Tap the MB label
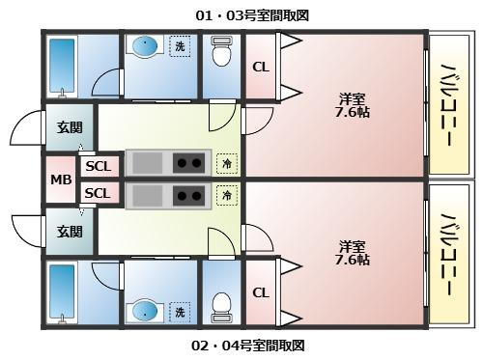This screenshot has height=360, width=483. [x=61, y=180]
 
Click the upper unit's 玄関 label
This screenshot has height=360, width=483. [x=70, y=127]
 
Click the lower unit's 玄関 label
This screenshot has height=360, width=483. [x=70, y=232]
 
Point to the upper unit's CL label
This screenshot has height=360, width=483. [x=261, y=67]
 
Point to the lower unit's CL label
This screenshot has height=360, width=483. [x=261, y=292]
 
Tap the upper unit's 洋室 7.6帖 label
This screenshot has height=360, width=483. [x=353, y=104]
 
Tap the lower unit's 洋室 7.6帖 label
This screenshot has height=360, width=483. [x=353, y=252]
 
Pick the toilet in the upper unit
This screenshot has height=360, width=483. [x=221, y=54]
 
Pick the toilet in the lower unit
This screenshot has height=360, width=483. [x=221, y=305]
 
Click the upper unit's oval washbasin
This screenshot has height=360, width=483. [x=146, y=45]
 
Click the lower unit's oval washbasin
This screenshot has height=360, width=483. [x=146, y=311]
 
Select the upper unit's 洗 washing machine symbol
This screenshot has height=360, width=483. [x=180, y=45]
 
